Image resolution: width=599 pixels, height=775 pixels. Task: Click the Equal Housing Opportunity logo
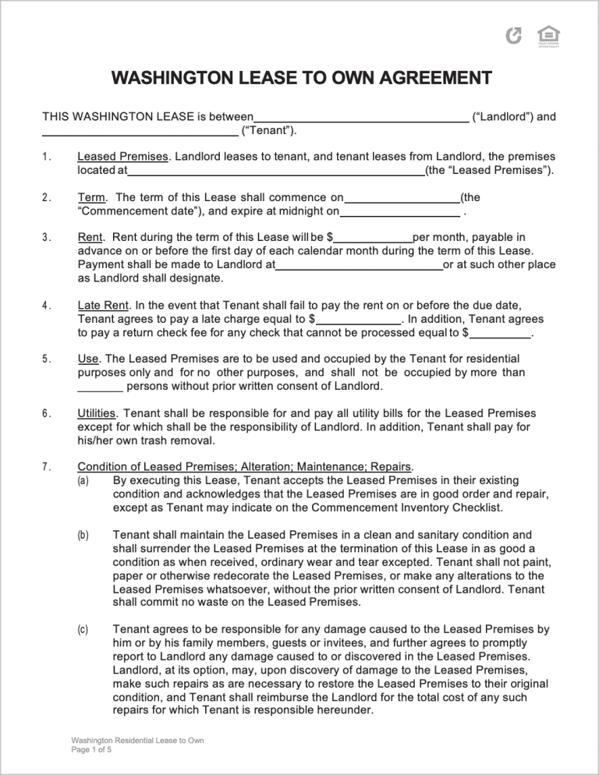[548, 35]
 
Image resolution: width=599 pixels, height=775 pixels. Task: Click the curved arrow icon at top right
[514, 35]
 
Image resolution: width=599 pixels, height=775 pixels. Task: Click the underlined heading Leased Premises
[122, 156]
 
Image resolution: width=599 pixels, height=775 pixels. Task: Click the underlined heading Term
[91, 196]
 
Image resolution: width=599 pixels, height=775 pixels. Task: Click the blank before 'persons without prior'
[101, 387]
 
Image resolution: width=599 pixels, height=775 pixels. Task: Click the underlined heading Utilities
[97, 413]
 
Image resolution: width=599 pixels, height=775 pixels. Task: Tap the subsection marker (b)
[83, 536]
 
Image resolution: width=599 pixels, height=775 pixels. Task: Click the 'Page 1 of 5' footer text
[91, 749]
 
